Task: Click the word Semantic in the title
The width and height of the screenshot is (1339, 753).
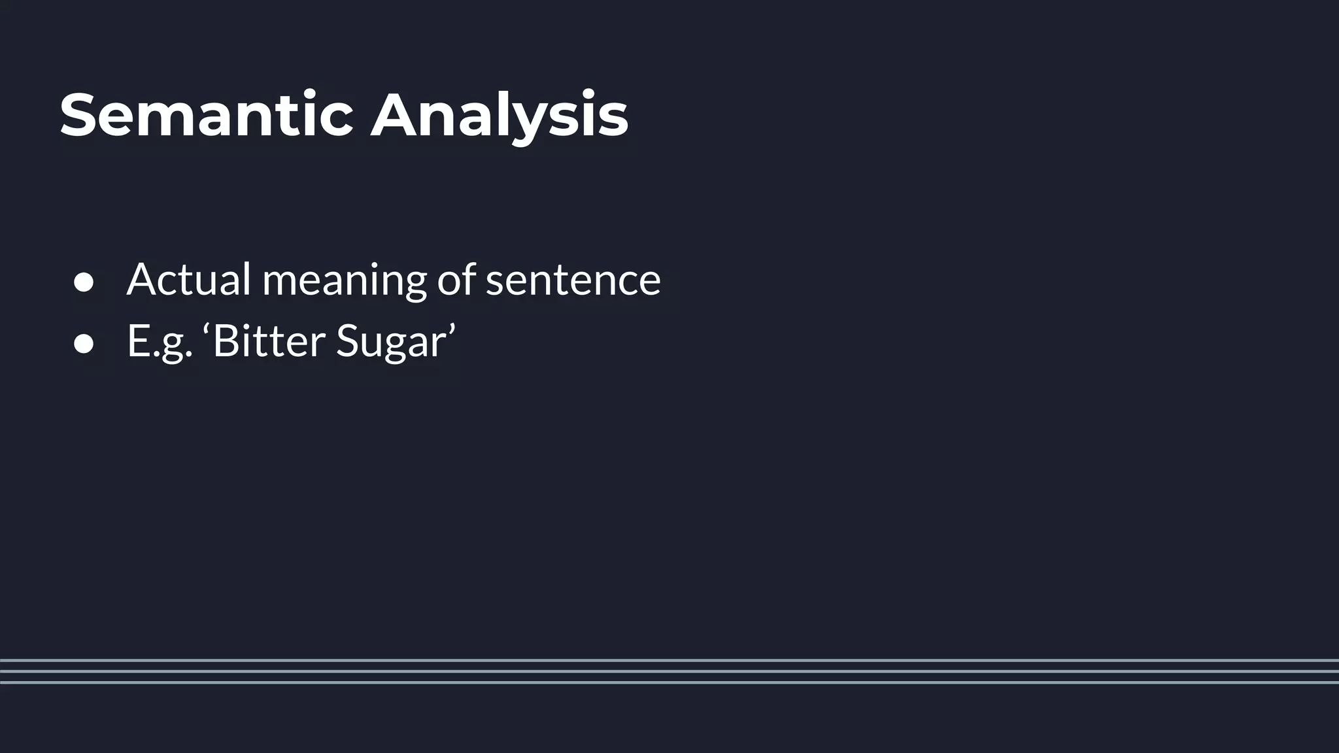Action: point(207,115)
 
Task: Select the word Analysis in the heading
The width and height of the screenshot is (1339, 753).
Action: point(499,116)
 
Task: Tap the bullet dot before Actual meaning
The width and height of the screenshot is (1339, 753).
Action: point(84,282)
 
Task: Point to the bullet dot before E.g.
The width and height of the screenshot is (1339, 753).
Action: point(84,344)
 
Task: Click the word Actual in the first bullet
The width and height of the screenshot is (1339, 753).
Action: point(189,280)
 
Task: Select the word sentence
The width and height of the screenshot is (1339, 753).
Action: point(573,281)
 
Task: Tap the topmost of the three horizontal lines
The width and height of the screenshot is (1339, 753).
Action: point(669,660)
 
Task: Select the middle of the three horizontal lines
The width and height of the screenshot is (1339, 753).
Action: point(669,671)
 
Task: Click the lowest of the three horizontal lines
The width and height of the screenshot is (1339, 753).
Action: point(669,682)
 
